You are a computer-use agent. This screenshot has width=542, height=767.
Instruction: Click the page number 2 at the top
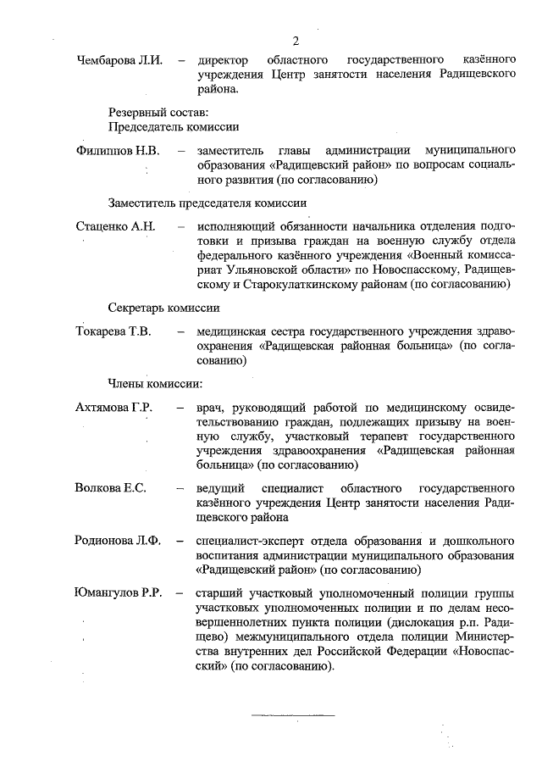296,41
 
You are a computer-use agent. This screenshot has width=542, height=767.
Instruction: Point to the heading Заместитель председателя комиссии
207,203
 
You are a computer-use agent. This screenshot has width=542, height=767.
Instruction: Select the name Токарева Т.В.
113,331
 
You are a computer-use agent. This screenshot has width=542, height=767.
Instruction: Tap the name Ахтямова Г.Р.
114,408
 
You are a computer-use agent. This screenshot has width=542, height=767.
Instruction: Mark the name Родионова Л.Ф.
118,540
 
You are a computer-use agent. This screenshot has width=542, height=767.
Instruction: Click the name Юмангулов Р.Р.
119,592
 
